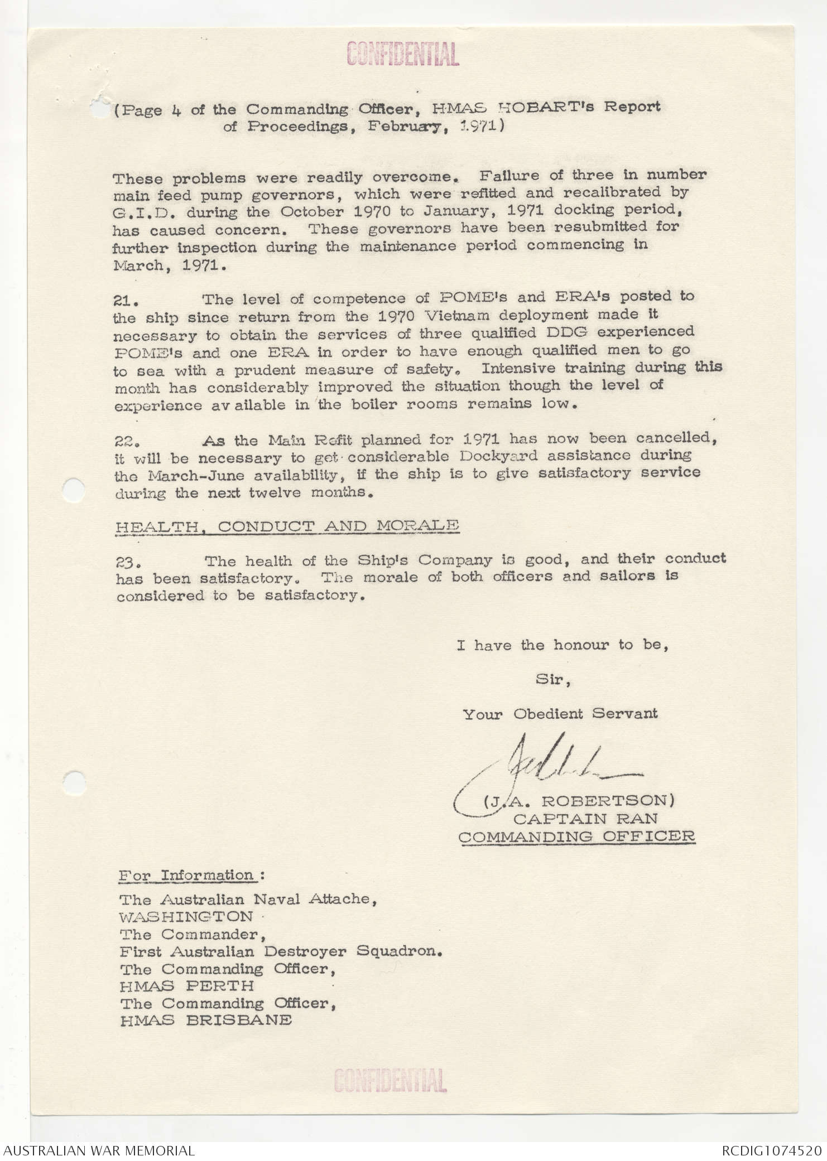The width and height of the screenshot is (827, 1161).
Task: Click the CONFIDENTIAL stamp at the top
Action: tap(403, 55)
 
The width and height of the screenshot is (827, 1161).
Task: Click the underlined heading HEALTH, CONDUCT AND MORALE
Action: tap(287, 526)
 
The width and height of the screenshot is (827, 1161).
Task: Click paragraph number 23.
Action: tap(127, 562)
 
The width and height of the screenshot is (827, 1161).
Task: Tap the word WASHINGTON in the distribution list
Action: tap(186, 917)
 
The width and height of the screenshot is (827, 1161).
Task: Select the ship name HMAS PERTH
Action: tap(186, 986)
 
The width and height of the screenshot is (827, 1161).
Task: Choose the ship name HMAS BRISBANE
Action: tap(205, 1020)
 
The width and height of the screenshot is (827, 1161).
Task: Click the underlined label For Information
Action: tap(187, 875)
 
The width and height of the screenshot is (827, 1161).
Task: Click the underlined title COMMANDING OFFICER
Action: tap(577, 836)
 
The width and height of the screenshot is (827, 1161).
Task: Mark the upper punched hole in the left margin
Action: tap(74, 490)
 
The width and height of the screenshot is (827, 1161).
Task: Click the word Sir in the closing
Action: tap(552, 680)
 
